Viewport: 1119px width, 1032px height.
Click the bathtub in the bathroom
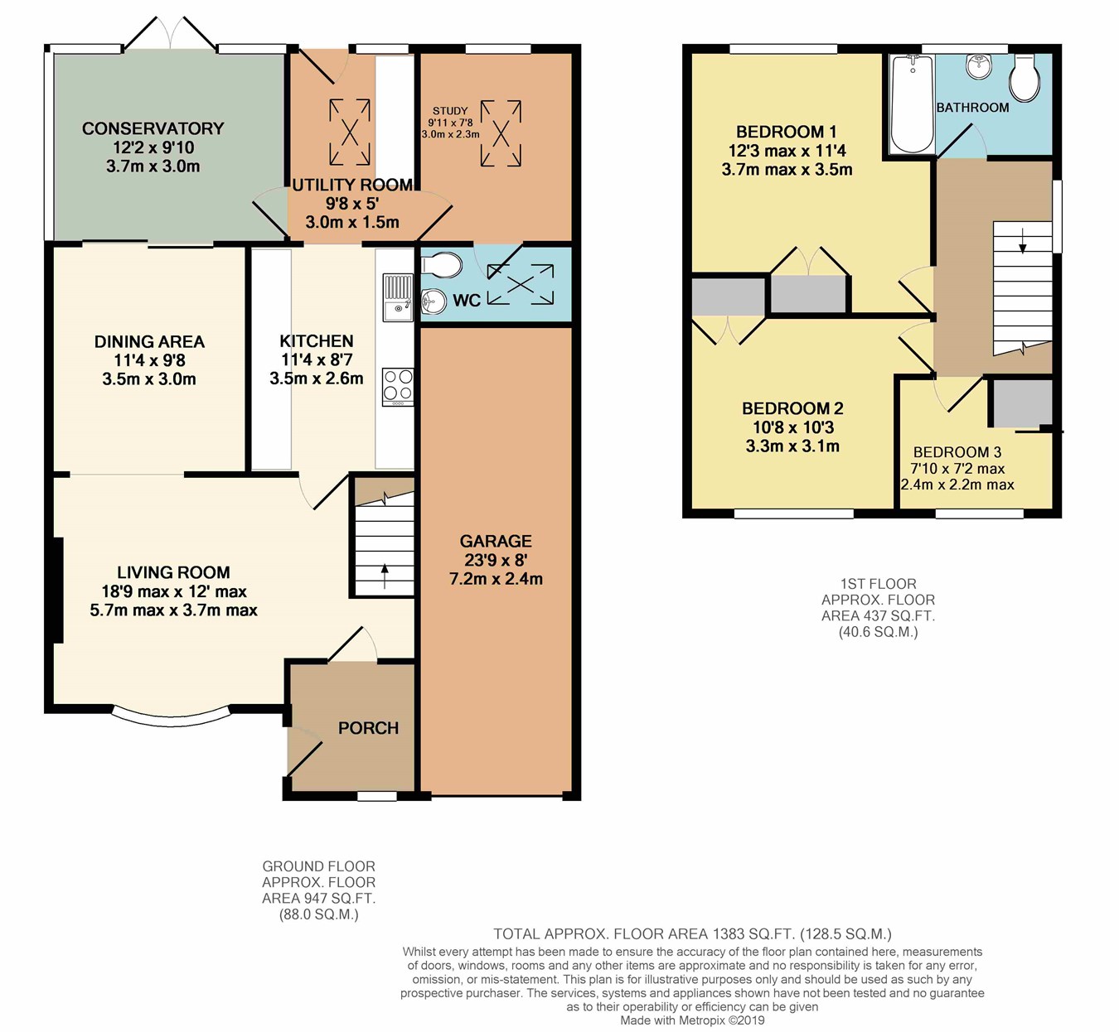click(x=913, y=104)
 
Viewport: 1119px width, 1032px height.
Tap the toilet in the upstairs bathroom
click(x=1025, y=78)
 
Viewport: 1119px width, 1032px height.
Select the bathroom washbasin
click(x=979, y=66)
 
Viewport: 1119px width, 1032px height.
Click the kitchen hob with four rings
click(x=398, y=387)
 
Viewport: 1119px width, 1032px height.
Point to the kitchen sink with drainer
click(x=398, y=297)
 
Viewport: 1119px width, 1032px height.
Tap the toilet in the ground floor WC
click(x=441, y=264)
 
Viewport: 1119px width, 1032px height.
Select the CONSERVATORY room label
click(x=153, y=128)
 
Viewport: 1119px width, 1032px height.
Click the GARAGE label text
click(x=496, y=541)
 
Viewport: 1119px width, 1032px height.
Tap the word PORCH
click(x=369, y=728)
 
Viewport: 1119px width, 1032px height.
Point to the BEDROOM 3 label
click(x=957, y=452)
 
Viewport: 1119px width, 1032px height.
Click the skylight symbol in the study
click(x=501, y=133)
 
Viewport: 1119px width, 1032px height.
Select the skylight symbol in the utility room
click(x=350, y=133)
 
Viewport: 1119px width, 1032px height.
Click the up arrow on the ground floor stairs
click(x=385, y=576)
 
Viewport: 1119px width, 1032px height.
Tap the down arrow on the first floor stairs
click(x=1023, y=241)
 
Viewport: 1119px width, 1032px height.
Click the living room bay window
click(x=172, y=717)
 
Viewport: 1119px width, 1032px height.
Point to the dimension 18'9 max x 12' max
click(x=174, y=591)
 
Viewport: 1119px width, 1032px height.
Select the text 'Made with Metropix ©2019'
click(x=692, y=1020)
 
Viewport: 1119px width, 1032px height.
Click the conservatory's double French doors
click(x=170, y=34)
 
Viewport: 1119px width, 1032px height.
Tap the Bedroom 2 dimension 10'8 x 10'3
click(x=793, y=427)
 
